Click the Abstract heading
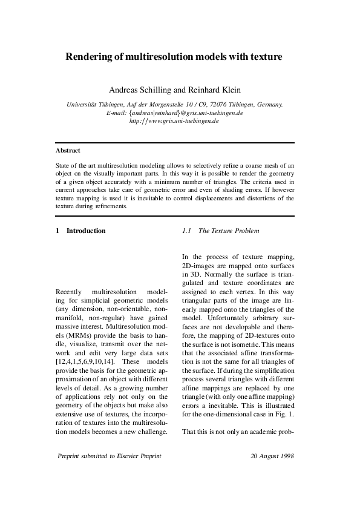[68, 150]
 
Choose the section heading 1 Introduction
[80, 231]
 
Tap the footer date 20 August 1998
[272, 456]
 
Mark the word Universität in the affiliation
[82, 105]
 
